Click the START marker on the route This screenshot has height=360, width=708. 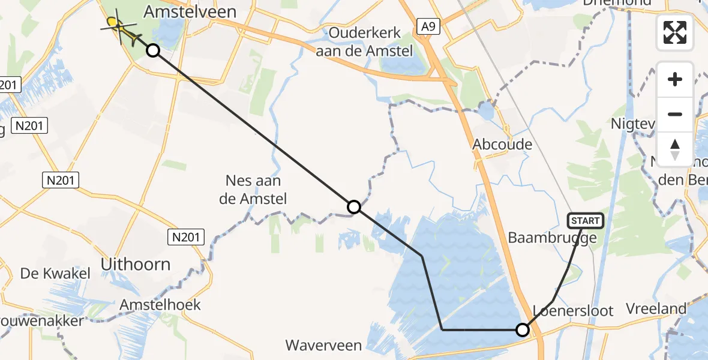coord(586,221)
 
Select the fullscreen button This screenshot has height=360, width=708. coord(675,32)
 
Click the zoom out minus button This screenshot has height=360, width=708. coord(675,114)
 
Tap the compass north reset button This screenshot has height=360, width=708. coord(675,149)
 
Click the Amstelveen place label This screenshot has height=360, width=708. coord(190,12)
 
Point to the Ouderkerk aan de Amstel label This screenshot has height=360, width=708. coord(365,42)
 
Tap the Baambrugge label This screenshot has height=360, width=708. coord(552,238)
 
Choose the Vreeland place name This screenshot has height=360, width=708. coord(656,309)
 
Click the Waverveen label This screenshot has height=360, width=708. coord(323,345)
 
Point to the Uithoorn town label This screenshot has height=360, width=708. coord(136,264)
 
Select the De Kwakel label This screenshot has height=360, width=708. coord(55,274)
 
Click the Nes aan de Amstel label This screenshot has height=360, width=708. coord(253,190)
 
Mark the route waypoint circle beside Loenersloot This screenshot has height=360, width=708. coord(523,330)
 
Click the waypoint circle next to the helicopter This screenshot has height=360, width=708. coord(153,50)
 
